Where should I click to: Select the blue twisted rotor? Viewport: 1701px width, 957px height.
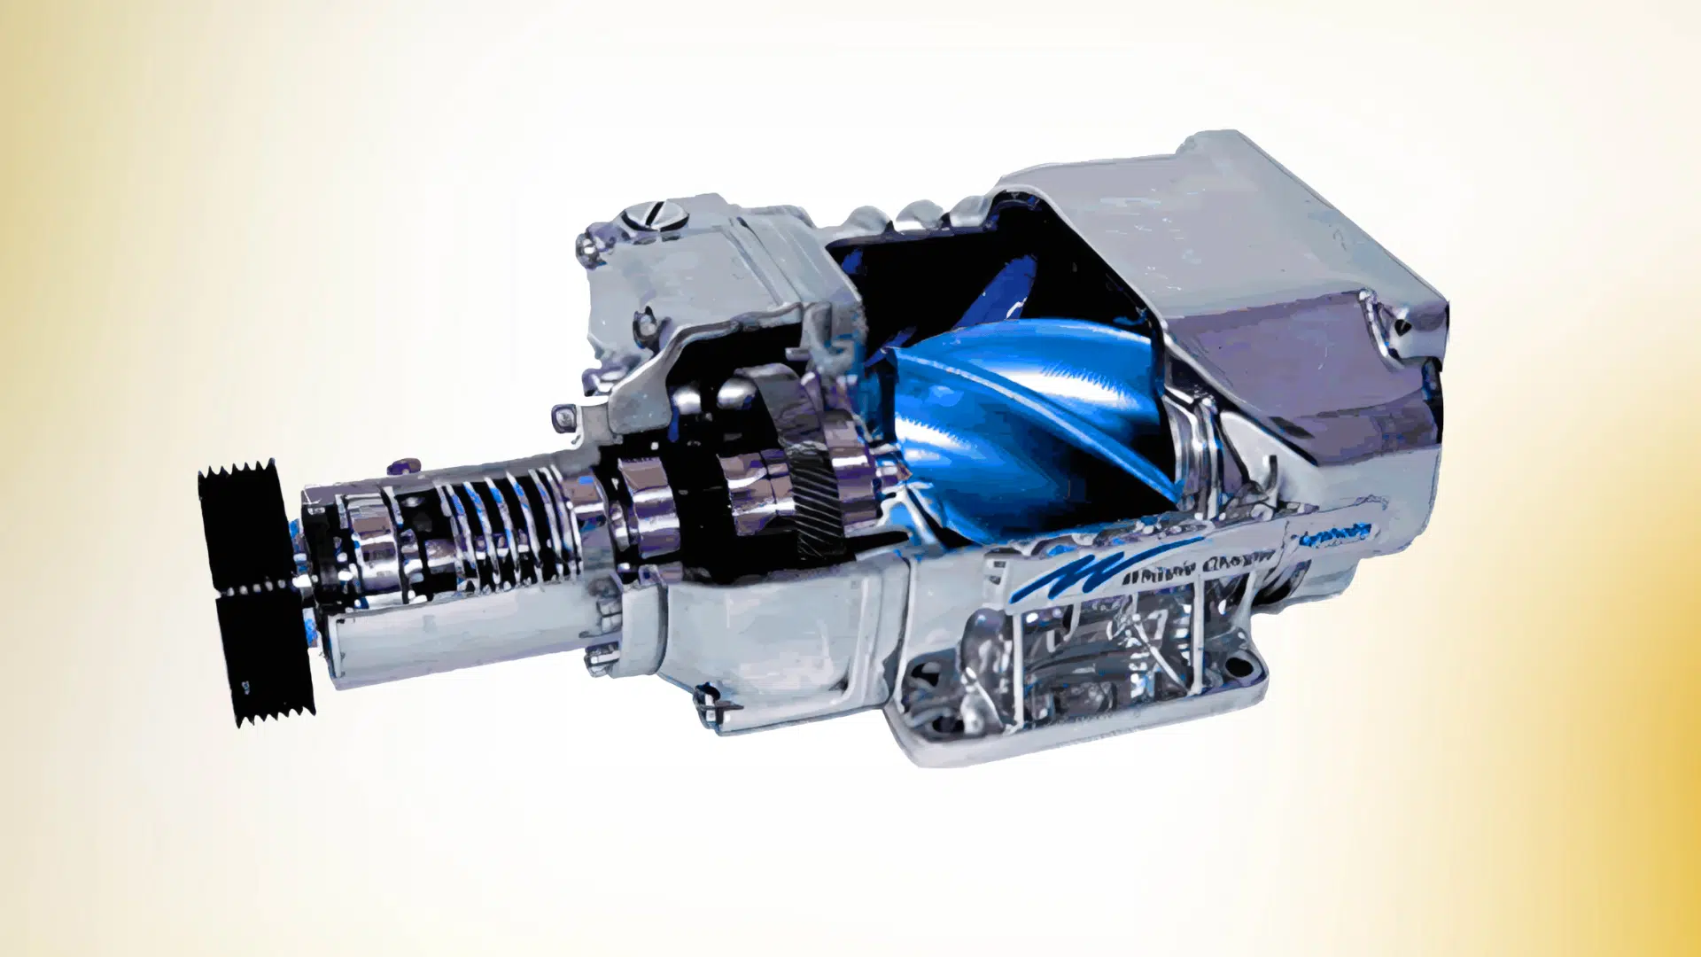pyautogui.click(x=1019, y=416)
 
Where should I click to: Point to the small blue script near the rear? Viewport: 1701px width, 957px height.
pyautogui.click(x=1334, y=535)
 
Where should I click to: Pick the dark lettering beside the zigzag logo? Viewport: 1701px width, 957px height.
pyautogui.click(x=1205, y=567)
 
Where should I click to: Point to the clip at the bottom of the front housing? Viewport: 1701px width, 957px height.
pyautogui.click(x=709, y=704)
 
